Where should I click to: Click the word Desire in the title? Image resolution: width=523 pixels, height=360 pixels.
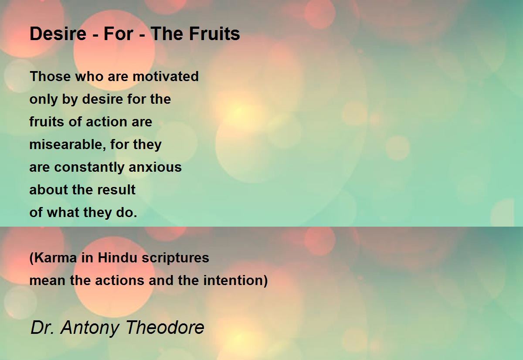pyautogui.click(x=58, y=34)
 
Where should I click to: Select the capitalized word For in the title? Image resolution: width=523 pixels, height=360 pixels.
pyautogui.click(x=119, y=34)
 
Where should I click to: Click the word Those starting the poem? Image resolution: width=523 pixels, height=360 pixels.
pyautogui.click(x=50, y=76)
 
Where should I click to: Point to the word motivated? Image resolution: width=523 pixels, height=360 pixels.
pyautogui.click(x=166, y=76)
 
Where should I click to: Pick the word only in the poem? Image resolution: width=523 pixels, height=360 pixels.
pyautogui.click(x=44, y=99)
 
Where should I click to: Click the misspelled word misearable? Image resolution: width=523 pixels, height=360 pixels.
pyautogui.click(x=66, y=144)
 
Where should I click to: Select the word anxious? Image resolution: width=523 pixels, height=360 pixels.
pyautogui.click(x=155, y=167)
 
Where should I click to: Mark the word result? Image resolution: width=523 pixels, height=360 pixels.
pyautogui.click(x=116, y=190)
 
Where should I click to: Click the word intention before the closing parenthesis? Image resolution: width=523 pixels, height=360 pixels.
pyautogui.click(x=233, y=280)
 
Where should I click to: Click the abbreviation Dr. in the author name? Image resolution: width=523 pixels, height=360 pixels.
pyautogui.click(x=42, y=327)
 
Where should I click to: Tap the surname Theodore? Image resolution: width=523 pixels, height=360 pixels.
pyautogui.click(x=165, y=327)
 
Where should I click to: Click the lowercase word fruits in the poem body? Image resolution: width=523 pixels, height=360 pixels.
pyautogui.click(x=47, y=122)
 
